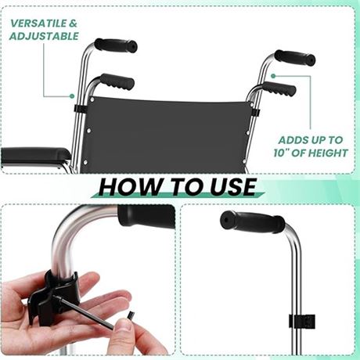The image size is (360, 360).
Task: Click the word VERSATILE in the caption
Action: click(x=38, y=23)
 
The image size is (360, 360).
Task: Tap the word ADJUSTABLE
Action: click(x=44, y=36)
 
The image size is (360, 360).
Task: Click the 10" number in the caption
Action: click(x=281, y=153)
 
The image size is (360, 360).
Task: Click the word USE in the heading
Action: click(x=233, y=187)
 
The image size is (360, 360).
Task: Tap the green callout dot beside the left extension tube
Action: click(x=72, y=96)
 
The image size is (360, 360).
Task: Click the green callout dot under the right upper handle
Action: click(x=273, y=76)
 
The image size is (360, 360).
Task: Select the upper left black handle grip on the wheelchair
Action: click(x=116, y=45)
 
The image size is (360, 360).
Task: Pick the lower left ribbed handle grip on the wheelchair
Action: click(x=117, y=81)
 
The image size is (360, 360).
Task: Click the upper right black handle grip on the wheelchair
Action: click(x=295, y=58)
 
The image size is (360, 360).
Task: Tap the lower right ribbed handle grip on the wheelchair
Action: click(x=279, y=88)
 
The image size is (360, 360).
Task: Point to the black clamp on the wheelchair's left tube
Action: click(x=79, y=108)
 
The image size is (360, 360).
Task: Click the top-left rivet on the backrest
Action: click(x=92, y=99)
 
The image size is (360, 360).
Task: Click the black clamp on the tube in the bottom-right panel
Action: click(x=302, y=321)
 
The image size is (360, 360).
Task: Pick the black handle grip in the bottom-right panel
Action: click(x=252, y=221)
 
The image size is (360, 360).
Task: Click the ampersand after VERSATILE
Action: click(x=73, y=23)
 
